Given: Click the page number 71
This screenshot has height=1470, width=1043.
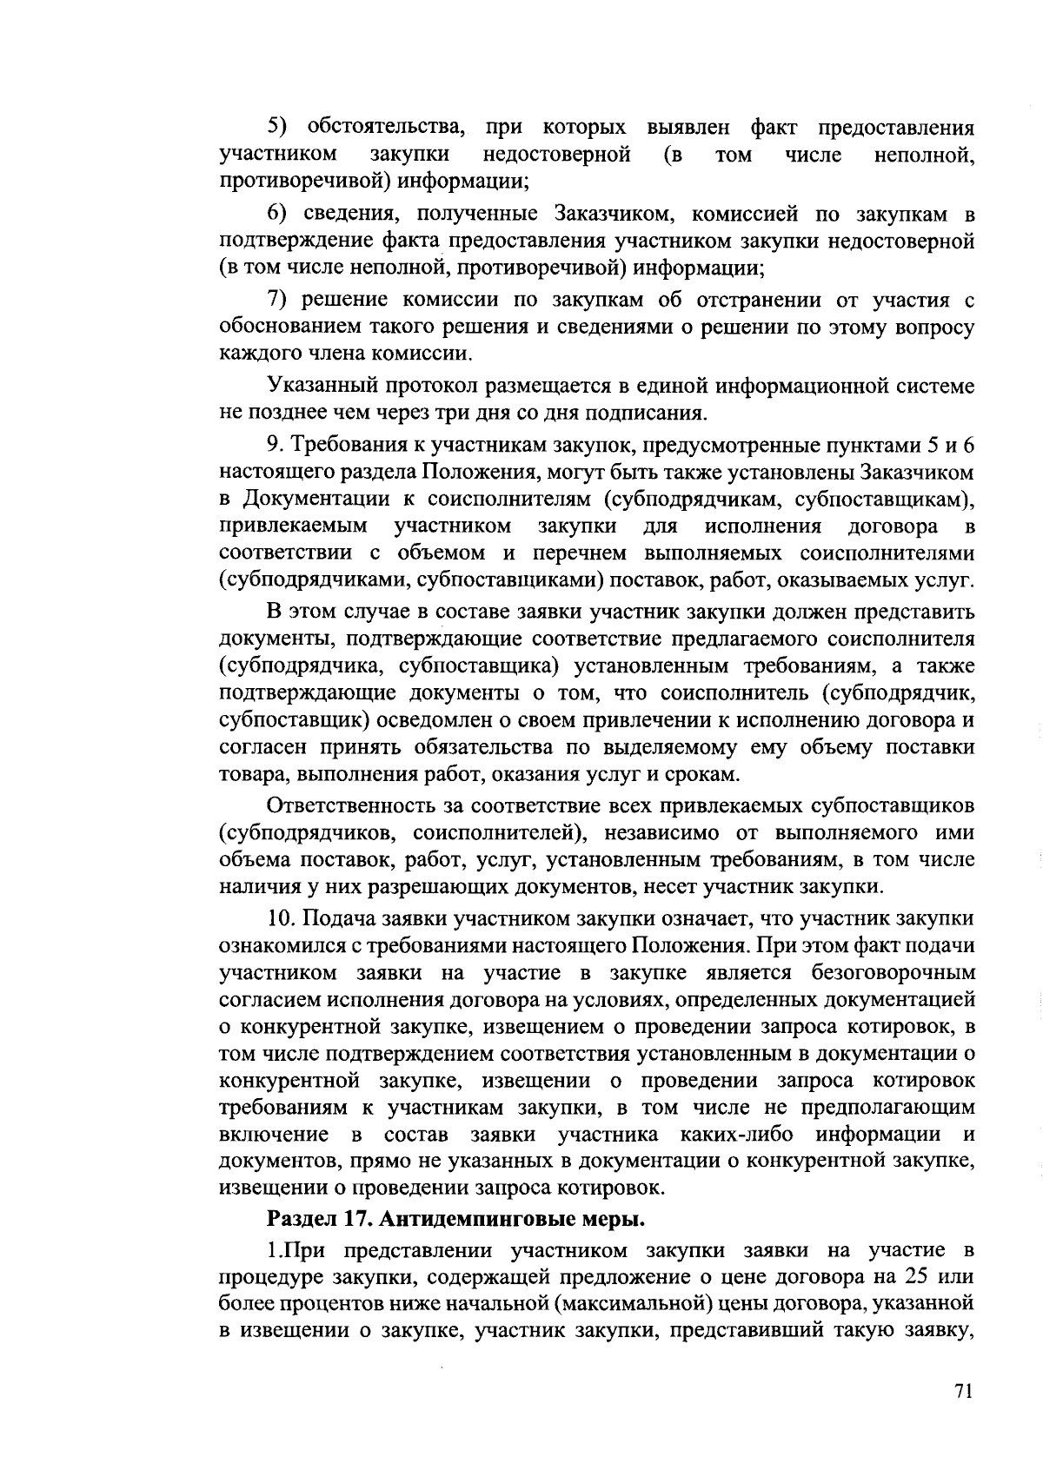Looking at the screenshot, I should [x=961, y=1391].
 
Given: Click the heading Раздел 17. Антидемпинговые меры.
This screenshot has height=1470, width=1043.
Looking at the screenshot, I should [x=455, y=1219].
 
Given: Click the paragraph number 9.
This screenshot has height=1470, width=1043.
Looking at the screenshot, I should [x=276, y=445].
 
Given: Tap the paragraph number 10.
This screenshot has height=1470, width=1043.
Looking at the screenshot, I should [x=282, y=918].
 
